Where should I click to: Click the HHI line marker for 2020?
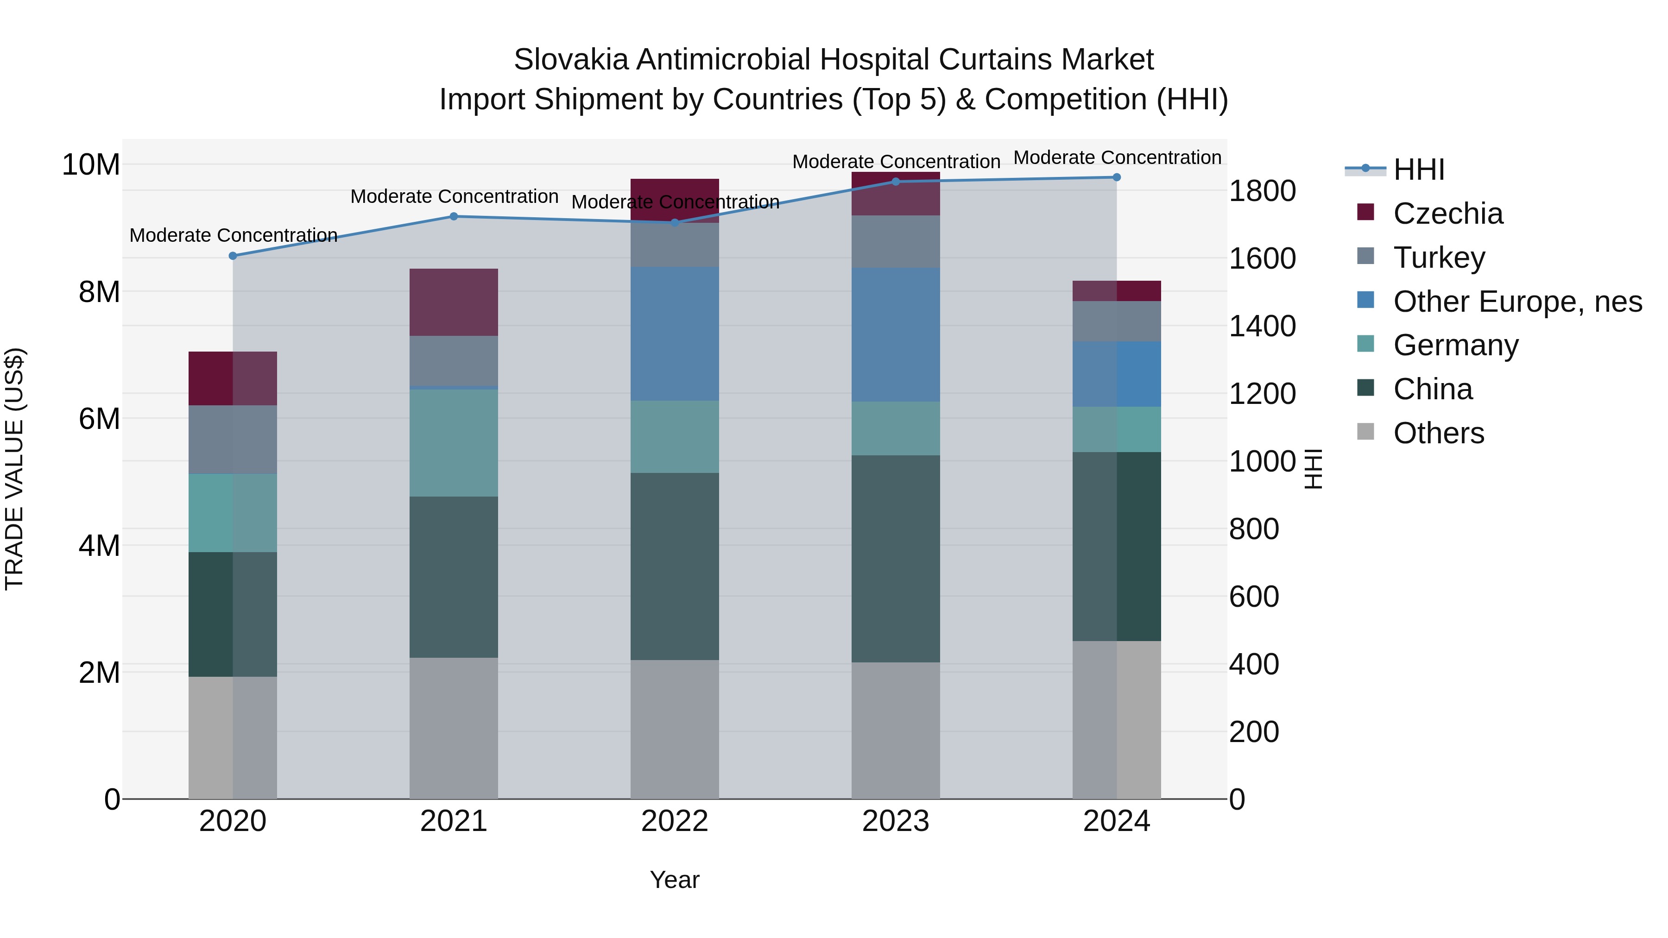click(x=233, y=256)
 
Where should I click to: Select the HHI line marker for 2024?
click(x=1116, y=177)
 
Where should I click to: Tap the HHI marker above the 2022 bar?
click(x=675, y=223)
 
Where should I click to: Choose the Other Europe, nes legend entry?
click(x=1517, y=302)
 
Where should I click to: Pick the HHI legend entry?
click(x=1418, y=170)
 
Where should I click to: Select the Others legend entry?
click(x=1438, y=433)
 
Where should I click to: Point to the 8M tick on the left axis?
click(x=99, y=292)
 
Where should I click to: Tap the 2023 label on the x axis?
click(x=896, y=821)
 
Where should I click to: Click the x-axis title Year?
click(x=675, y=880)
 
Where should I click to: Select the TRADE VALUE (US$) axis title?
click(x=14, y=469)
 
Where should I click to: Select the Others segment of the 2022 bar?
click(x=675, y=729)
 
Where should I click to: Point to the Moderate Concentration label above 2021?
click(x=454, y=197)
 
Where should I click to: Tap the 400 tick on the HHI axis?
click(x=1254, y=664)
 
